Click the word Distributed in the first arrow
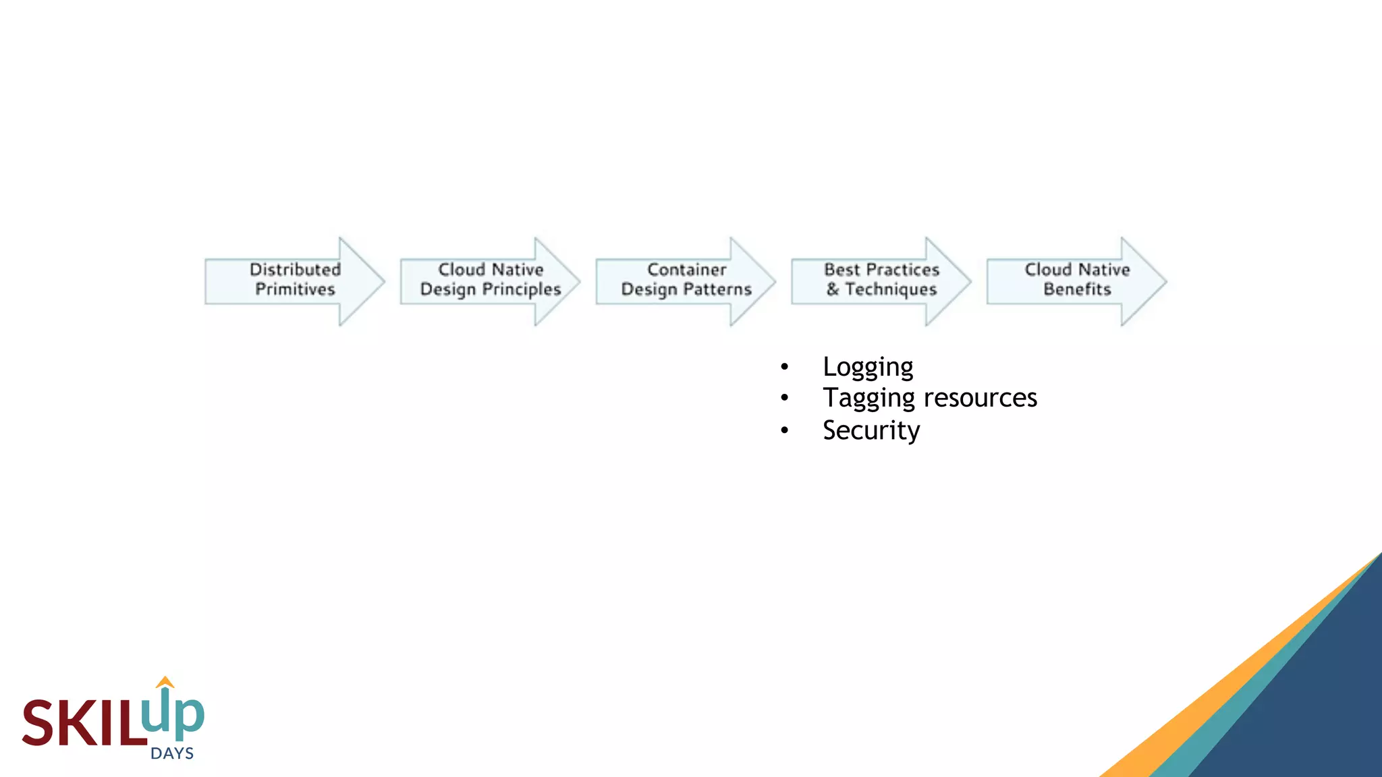pyautogui.click(x=295, y=269)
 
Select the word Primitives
pyautogui.click(x=295, y=289)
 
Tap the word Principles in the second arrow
pyautogui.click(x=520, y=290)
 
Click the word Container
pyautogui.click(x=686, y=269)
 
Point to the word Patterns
pyautogui.click(x=718, y=289)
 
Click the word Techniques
pyautogui.click(x=891, y=289)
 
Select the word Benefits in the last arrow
pyautogui.click(x=1077, y=289)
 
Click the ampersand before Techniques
pyautogui.click(x=833, y=289)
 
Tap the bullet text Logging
pyautogui.click(x=868, y=367)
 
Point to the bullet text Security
pyautogui.click(x=871, y=430)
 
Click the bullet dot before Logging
pyautogui.click(x=784, y=367)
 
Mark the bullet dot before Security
pyautogui.click(x=784, y=430)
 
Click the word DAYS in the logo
pyautogui.click(x=172, y=753)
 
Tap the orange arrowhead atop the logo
pyautogui.click(x=165, y=682)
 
